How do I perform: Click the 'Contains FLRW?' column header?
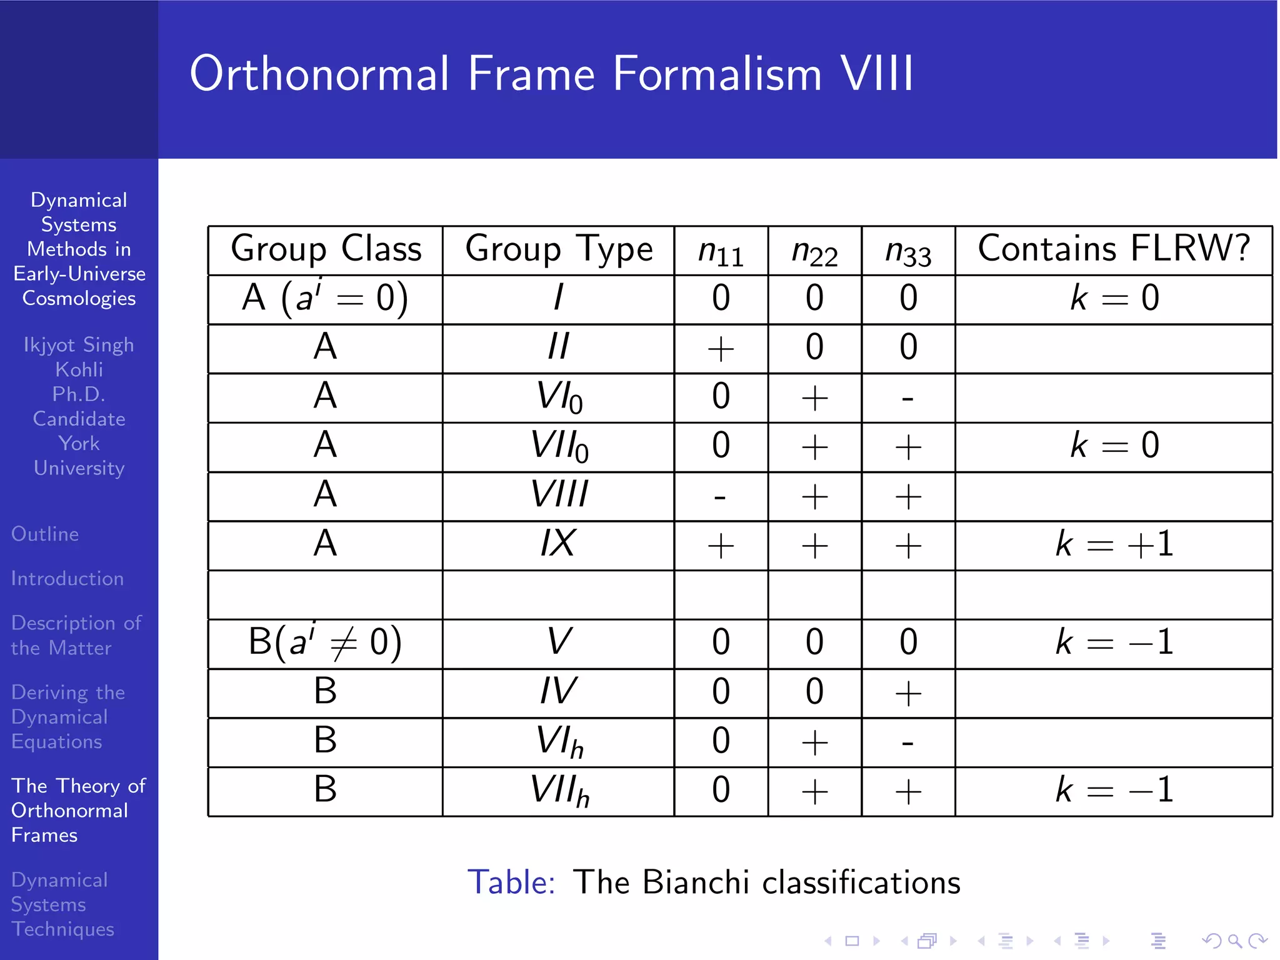(x=1113, y=249)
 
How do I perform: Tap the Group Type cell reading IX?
(x=557, y=544)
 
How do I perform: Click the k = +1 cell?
(x=1114, y=544)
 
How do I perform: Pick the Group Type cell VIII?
(x=559, y=494)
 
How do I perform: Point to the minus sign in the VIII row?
(x=720, y=497)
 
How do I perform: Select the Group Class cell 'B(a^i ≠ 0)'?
(x=325, y=642)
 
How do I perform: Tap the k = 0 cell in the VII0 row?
(x=1114, y=446)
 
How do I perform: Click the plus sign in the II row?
(x=720, y=349)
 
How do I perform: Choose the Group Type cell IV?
(x=557, y=691)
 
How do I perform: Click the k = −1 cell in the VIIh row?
(x=1114, y=790)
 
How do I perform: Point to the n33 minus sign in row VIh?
(x=907, y=744)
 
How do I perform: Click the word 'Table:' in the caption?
(x=511, y=882)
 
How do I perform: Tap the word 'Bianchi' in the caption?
(x=695, y=882)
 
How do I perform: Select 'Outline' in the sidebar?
(x=45, y=534)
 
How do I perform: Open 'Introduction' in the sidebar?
(x=67, y=579)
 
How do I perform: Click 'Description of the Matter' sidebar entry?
(x=76, y=635)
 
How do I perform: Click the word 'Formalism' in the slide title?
(x=717, y=74)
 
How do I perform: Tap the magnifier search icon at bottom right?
(x=1234, y=940)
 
